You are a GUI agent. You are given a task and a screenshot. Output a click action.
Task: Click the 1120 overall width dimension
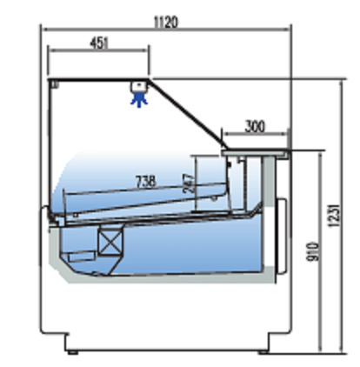tap(165, 22)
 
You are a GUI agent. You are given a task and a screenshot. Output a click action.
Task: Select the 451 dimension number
tap(99, 43)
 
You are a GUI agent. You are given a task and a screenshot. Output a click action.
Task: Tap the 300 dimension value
tap(255, 126)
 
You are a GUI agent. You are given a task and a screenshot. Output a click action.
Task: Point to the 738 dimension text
tap(146, 181)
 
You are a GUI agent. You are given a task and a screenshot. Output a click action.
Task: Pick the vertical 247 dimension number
tap(189, 183)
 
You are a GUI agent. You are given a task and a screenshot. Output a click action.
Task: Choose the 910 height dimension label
tap(313, 251)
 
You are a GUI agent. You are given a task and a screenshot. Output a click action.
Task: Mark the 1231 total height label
tap(333, 216)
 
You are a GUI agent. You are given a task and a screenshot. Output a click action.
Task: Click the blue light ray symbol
tap(139, 100)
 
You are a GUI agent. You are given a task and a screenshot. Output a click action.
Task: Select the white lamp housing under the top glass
tap(139, 87)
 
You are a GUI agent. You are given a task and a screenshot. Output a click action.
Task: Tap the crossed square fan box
tap(110, 243)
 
